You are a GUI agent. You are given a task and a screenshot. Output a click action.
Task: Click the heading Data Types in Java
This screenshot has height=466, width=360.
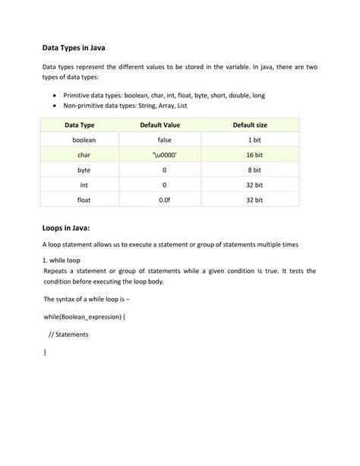(x=73, y=47)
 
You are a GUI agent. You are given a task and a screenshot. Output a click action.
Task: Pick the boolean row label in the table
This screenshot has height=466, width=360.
(x=84, y=141)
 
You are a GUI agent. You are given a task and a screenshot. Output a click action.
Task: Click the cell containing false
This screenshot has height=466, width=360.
(x=164, y=141)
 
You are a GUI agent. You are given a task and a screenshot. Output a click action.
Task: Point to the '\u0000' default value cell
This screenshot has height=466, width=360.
(x=164, y=155)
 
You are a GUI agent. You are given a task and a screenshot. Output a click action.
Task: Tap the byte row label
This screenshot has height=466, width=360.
(x=84, y=170)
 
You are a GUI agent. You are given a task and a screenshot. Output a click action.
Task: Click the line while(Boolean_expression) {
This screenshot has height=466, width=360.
(x=84, y=315)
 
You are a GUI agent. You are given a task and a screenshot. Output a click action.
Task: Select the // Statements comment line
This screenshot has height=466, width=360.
(x=68, y=334)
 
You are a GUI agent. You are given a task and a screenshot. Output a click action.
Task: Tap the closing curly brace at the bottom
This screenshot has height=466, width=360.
(x=46, y=353)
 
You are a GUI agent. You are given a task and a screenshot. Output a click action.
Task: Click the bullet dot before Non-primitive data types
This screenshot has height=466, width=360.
(x=56, y=106)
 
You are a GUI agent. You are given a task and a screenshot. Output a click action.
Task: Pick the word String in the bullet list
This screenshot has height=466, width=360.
(x=144, y=106)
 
